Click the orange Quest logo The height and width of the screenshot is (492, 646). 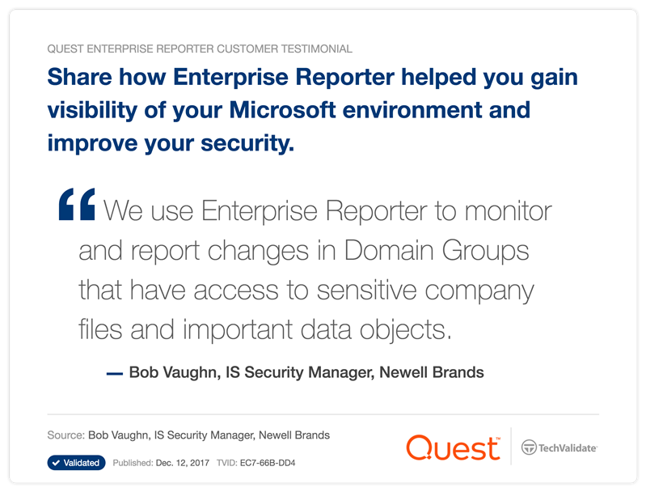454,447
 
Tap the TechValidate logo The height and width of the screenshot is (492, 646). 559,447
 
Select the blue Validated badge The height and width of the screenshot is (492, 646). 76,463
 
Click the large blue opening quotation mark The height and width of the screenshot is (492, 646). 77,204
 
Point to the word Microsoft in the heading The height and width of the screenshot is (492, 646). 282,110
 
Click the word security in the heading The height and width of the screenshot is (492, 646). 247,144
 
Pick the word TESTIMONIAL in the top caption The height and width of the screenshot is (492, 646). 316,49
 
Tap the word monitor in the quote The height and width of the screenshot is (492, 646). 508,210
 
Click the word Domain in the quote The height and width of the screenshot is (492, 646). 389,250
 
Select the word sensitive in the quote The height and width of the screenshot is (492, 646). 367,290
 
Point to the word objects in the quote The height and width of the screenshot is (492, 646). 405,330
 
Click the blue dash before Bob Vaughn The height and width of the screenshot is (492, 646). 115,374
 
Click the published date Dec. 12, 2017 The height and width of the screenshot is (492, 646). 183,463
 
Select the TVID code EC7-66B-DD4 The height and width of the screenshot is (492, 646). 268,463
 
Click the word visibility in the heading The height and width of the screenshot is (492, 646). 92,111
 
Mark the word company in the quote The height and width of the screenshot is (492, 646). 479,291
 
